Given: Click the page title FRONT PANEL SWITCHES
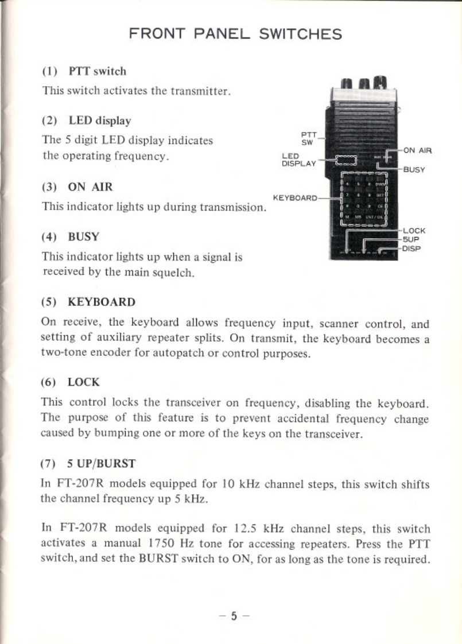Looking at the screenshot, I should (235, 34).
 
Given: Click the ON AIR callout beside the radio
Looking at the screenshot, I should (417, 151).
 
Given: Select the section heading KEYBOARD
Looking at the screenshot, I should (102, 302).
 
